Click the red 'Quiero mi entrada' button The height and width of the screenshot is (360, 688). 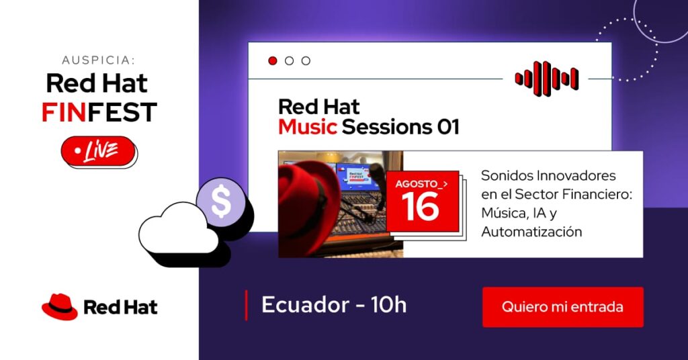563,307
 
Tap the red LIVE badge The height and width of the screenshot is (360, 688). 98,151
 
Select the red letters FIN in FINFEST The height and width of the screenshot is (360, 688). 64,111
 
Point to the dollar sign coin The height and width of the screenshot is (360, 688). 220,201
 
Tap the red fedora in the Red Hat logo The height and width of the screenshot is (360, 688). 60,306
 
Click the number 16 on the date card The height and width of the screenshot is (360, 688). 420,207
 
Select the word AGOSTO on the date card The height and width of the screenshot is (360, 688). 416,184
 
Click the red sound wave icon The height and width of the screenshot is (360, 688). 547,79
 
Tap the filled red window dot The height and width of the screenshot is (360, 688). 273,61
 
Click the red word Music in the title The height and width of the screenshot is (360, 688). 308,127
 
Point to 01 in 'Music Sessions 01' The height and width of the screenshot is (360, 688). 448,127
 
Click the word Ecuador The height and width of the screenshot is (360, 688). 306,305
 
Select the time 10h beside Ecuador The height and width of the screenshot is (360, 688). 389,305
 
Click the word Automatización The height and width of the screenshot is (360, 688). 532,232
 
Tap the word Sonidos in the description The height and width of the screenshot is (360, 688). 506,175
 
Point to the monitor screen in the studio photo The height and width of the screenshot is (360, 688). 357,176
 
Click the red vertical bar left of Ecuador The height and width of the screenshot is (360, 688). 246,305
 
